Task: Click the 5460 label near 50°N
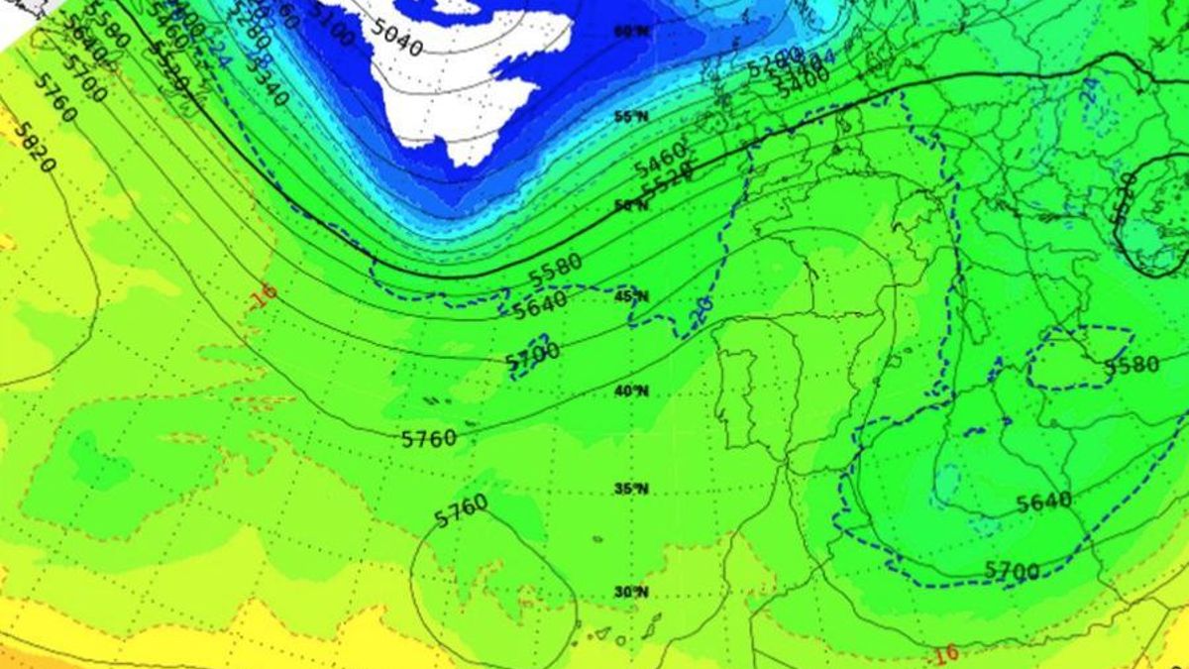(659, 157)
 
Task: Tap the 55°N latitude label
(631, 117)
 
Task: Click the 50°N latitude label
(631, 205)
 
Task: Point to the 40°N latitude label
(631, 390)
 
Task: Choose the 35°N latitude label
(631, 488)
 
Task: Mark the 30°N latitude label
(631, 592)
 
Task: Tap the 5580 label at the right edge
(1132, 366)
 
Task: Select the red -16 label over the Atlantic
(264, 294)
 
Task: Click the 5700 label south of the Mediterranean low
(1012, 571)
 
